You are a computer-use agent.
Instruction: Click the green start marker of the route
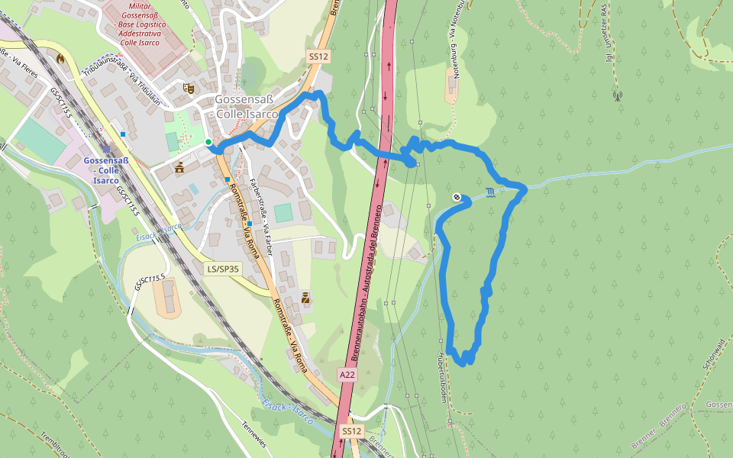[x=208, y=142]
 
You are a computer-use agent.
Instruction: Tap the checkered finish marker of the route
[x=457, y=198]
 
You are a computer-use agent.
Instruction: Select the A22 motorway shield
[x=347, y=375]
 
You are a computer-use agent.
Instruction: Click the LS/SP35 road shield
[x=223, y=269]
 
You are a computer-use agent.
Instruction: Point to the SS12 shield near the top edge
[x=318, y=56]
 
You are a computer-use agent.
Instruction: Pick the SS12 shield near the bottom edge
[x=351, y=431]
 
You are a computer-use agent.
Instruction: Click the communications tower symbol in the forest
[x=617, y=96]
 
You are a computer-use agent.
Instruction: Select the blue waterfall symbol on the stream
[x=489, y=192]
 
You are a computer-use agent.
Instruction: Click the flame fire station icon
[x=60, y=57]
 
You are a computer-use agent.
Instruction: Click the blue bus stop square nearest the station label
[x=123, y=134]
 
